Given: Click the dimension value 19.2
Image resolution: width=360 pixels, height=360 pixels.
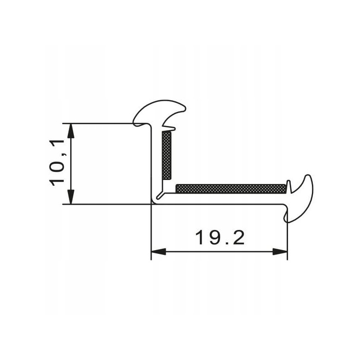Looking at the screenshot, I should pos(220,237).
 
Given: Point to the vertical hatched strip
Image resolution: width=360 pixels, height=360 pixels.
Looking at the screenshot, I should pos(166,156).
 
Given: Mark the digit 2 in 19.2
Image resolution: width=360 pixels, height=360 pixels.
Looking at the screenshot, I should pos(238,237).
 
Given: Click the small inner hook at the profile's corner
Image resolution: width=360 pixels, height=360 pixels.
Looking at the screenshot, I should pos(159,196).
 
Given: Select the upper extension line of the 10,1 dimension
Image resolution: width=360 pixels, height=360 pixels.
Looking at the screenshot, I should pos(99,123).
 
